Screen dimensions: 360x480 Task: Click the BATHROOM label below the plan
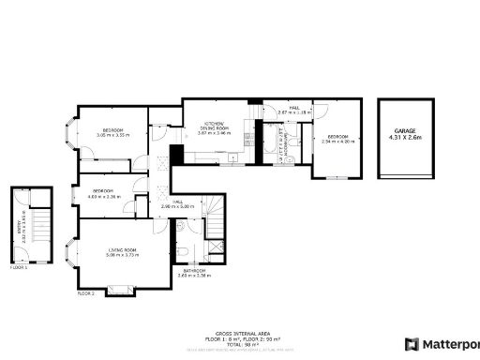pyautogui.click(x=195, y=271)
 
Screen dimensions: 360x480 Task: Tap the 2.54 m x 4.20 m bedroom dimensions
pyautogui.click(x=337, y=142)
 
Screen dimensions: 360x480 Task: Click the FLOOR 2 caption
pyautogui.click(x=86, y=293)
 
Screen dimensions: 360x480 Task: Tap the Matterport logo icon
pyautogui.click(x=411, y=344)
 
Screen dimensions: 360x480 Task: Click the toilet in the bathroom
pyautogui.click(x=183, y=251)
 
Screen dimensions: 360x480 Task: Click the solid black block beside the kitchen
pyautogui.click(x=174, y=155)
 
